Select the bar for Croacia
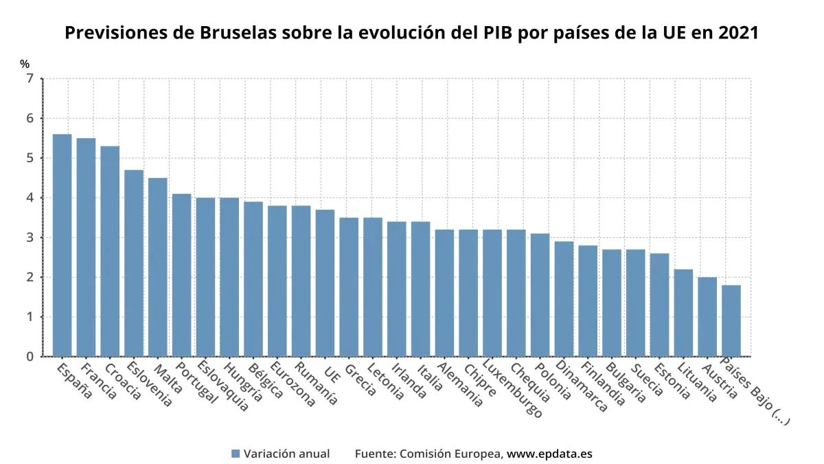pos(110,251)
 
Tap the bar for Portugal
pos(182,275)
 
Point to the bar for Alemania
pos(444,293)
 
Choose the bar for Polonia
pos(540,295)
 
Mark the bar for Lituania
pos(683,313)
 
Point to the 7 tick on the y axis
pos(30,79)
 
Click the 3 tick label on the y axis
pos(30,238)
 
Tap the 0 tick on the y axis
pos(30,357)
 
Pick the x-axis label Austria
pos(718,381)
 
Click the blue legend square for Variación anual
pos(236,454)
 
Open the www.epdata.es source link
pos(549,454)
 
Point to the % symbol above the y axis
pos(25,64)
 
